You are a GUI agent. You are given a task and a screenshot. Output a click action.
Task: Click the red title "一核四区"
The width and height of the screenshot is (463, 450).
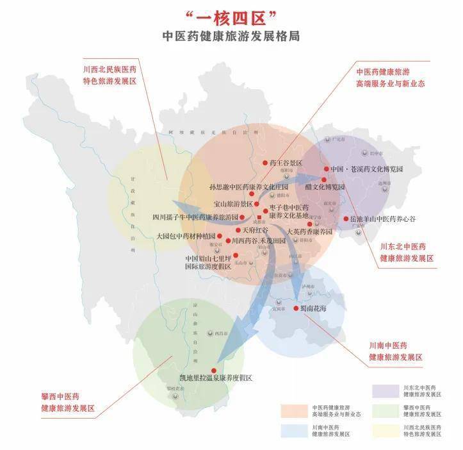pyautogui.click(x=231, y=16)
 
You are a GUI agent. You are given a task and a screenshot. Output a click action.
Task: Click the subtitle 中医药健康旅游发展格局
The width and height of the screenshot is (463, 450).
pyautogui.click(x=231, y=36)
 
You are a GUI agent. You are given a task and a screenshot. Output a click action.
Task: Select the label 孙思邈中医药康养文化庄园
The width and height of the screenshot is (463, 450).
pyautogui.click(x=254, y=187)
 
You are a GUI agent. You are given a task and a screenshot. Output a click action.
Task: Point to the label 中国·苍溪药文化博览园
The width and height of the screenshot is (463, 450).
pyautogui.click(x=366, y=170)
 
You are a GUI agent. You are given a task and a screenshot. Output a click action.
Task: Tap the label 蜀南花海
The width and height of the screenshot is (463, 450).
pyautogui.click(x=314, y=308)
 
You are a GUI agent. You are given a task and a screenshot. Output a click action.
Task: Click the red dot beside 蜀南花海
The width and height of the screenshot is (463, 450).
pyautogui.click(x=296, y=308)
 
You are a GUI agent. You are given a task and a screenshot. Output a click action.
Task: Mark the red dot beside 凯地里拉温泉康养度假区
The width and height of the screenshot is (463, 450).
pyautogui.click(x=213, y=370)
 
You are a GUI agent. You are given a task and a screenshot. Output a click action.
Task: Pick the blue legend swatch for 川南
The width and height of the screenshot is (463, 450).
pyautogui.click(x=294, y=430)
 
